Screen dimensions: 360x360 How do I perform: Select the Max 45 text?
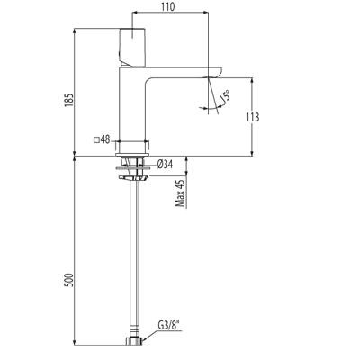coord(180,192)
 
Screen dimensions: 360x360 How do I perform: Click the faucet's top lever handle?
coord(133,45)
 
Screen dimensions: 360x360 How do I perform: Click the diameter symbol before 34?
coord(159,165)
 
